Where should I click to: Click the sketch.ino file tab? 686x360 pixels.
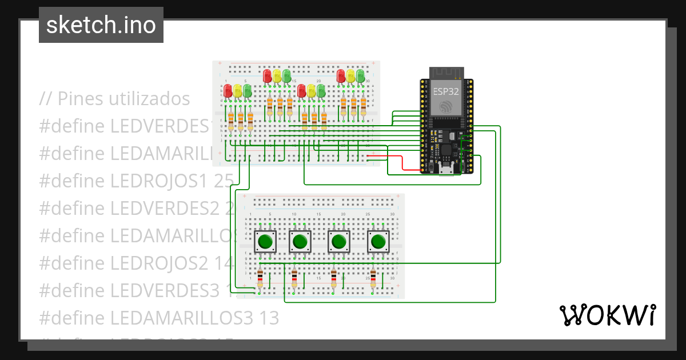click(x=101, y=25)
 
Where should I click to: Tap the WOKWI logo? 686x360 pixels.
click(x=607, y=315)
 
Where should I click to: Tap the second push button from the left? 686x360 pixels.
click(x=300, y=242)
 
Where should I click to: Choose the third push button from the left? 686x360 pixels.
click(x=339, y=242)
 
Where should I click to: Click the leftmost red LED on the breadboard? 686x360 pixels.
click(x=228, y=90)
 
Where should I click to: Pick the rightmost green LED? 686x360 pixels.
click(x=361, y=75)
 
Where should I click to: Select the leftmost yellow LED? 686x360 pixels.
click(x=238, y=90)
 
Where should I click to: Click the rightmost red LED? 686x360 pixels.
click(x=341, y=75)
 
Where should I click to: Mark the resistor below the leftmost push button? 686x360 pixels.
click(x=260, y=278)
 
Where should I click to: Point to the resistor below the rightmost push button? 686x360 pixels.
click(x=373, y=278)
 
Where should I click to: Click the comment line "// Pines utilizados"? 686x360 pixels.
click(x=114, y=98)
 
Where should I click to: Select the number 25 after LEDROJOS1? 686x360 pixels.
click(x=224, y=181)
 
